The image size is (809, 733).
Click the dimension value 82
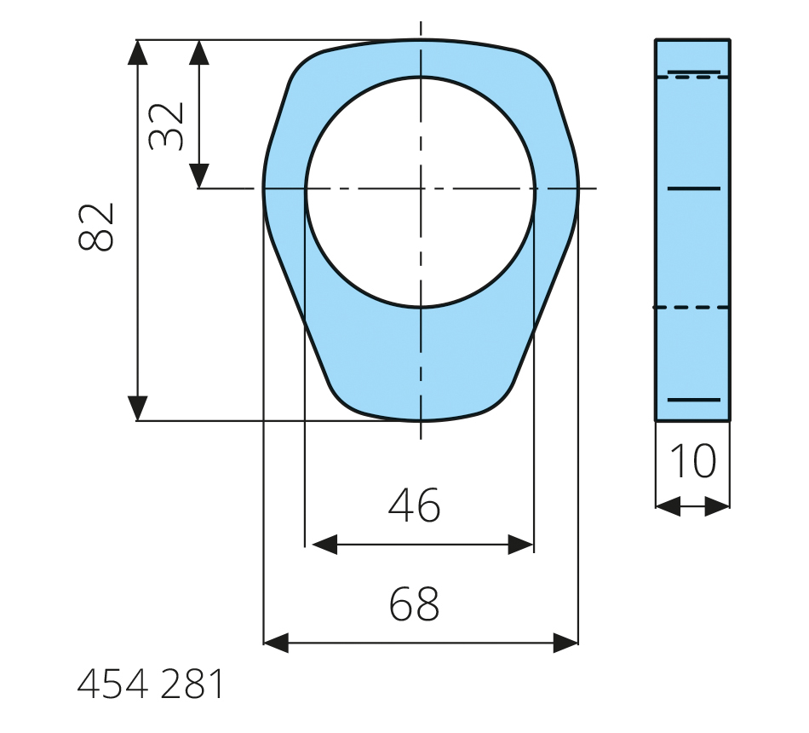click(96, 228)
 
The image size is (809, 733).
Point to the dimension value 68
click(415, 603)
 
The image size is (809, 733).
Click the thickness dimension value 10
click(693, 461)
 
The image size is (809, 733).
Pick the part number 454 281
click(151, 684)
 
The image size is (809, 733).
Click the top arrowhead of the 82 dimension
click(137, 51)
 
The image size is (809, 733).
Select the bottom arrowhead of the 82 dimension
click(137, 409)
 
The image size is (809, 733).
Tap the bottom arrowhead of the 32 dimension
click(198, 176)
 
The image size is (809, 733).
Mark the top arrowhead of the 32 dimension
click(198, 51)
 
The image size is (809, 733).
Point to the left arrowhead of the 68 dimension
click(276, 643)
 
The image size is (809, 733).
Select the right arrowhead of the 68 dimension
click(566, 643)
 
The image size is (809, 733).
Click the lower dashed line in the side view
click(692, 307)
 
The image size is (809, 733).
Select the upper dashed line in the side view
click(692, 78)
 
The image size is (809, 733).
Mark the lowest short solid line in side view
click(694, 399)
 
